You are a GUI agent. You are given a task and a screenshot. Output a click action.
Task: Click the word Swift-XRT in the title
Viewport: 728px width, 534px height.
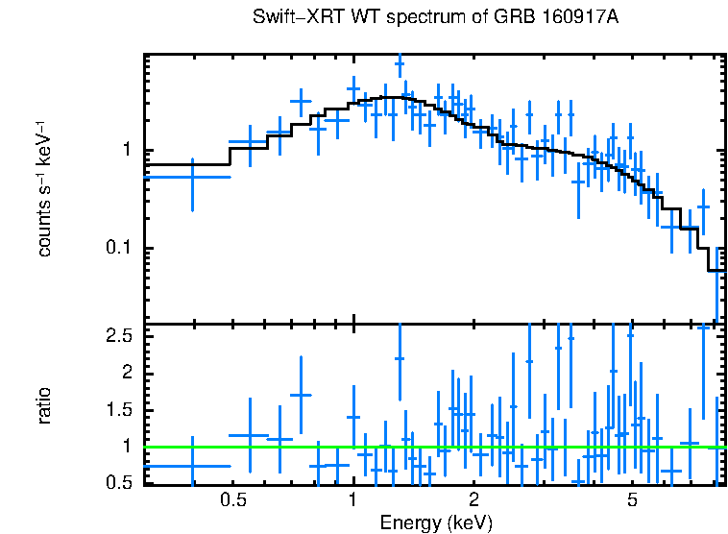(x=289, y=18)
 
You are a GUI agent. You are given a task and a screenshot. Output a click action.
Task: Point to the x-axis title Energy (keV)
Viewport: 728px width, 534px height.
(x=436, y=522)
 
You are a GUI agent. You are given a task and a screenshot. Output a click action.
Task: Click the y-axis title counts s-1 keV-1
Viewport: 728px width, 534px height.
(x=44, y=188)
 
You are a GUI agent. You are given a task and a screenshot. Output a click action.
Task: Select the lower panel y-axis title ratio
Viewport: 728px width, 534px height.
(x=44, y=405)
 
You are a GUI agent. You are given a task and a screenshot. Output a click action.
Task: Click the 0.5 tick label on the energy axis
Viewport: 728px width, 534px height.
(x=231, y=500)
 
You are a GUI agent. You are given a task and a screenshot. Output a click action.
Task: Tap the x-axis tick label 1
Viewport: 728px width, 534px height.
(x=353, y=500)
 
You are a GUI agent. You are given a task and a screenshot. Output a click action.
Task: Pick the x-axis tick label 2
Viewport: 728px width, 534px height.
(x=473, y=500)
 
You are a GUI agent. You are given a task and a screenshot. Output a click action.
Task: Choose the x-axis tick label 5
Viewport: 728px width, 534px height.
(x=632, y=500)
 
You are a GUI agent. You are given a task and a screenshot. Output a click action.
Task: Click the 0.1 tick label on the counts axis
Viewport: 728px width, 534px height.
(x=118, y=249)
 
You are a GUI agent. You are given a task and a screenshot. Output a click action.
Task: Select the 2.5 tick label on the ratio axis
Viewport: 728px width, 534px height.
(x=118, y=335)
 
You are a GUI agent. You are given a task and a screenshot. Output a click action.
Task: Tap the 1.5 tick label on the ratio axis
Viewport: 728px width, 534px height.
(x=118, y=410)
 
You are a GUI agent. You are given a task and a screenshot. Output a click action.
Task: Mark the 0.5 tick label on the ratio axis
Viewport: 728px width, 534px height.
(x=118, y=483)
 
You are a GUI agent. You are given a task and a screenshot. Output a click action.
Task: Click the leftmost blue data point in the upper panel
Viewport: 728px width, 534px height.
(x=193, y=177)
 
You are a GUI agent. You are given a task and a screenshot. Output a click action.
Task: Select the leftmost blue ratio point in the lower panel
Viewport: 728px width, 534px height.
(x=193, y=466)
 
